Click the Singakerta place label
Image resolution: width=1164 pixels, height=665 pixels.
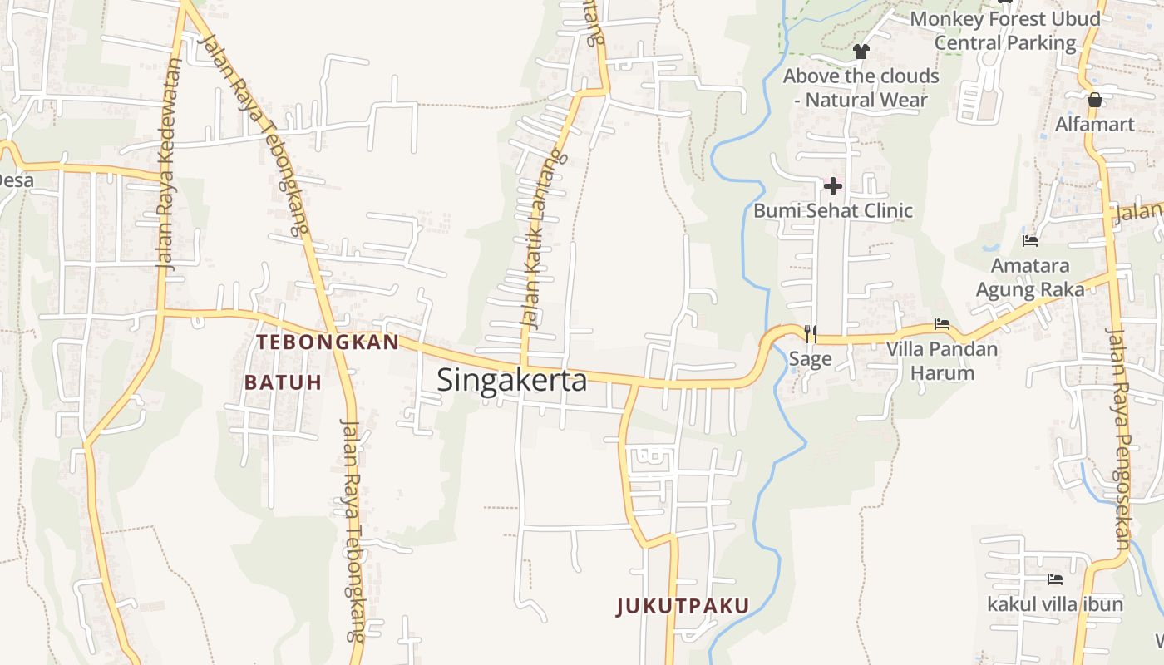pos(511,380)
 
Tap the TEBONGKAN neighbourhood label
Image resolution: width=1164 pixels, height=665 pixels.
pos(328,342)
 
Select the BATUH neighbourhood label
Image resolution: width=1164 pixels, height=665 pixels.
pos(283,382)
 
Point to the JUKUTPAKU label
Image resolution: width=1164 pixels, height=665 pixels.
pos(683,606)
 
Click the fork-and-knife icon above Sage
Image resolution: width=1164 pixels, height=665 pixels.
pos(811,333)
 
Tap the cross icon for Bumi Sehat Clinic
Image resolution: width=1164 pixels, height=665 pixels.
pos(832,185)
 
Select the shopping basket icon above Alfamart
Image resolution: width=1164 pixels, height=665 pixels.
pos(1095,100)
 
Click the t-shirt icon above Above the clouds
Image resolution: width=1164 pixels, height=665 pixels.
pos(861,52)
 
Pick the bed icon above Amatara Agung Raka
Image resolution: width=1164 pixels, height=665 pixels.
pos(1030,241)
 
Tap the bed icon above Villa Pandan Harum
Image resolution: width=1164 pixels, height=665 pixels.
pos(942,324)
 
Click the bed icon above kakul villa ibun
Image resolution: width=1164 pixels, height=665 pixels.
pos(1055,579)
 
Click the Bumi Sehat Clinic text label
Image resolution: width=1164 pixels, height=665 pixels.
pos(832,211)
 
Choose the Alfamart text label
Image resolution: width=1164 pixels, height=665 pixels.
pos(1094,125)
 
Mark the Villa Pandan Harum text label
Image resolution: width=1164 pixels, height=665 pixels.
pos(941,360)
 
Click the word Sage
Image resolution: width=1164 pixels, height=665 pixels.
pos(810,359)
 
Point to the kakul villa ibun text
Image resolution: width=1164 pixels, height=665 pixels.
pos(1054,604)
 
